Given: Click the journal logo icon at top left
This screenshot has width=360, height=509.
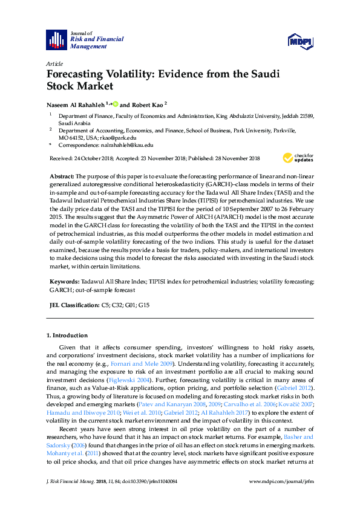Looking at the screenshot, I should pos(56,39).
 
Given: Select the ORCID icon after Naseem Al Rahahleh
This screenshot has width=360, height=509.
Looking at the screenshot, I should pos(115,104).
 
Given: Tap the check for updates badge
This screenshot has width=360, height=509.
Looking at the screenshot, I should pos(298,158).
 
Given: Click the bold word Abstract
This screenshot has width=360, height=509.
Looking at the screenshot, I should pos(61,175).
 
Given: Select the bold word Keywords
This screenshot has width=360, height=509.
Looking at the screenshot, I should pos(64,281).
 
